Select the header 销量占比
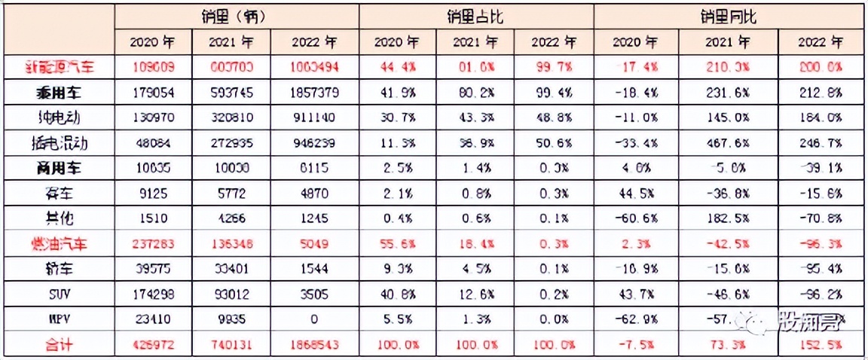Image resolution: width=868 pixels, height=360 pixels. [x=475, y=17]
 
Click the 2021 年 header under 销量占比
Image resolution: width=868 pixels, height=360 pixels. [x=475, y=41]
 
